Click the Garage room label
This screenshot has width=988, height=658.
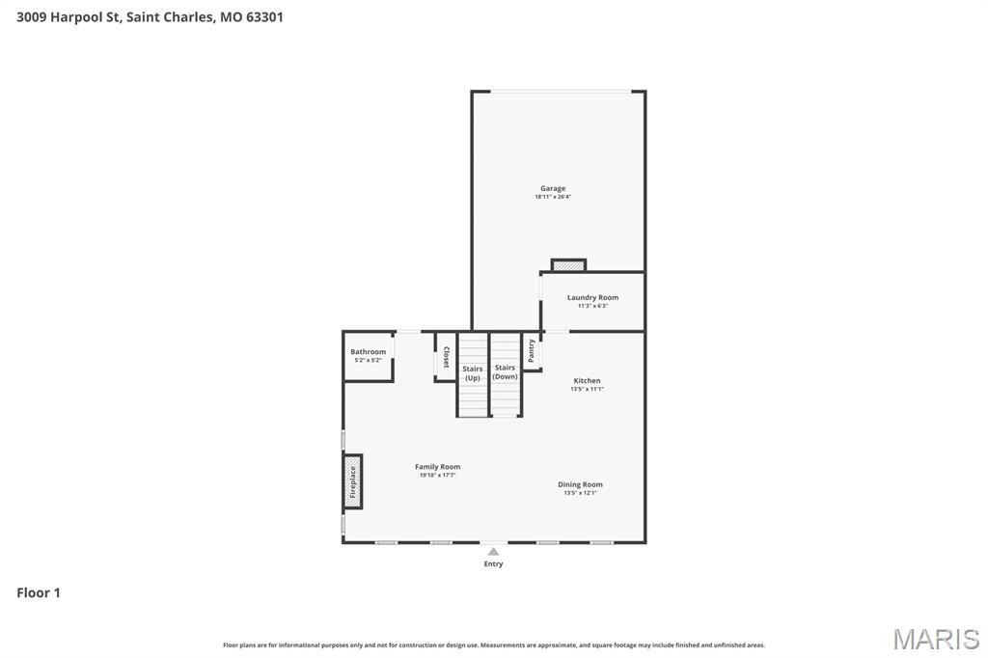553,188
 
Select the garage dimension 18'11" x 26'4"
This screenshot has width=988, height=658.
553,197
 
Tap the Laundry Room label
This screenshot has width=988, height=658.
592,297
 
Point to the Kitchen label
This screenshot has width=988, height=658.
587,380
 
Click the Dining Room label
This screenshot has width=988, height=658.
580,484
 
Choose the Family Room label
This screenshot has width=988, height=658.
437,466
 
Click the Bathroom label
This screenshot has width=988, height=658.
368,351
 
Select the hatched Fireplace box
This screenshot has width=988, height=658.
353,480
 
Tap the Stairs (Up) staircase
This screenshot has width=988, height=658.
473,374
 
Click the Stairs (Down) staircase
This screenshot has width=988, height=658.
506,373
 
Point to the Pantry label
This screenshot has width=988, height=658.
531,350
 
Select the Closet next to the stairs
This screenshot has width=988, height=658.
445,357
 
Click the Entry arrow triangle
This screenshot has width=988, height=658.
493,552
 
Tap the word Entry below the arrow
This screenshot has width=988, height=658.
493,564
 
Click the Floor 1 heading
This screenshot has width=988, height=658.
39,592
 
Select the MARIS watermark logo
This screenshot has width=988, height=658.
935,639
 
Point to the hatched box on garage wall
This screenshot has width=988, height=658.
568,264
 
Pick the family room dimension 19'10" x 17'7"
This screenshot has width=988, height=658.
437,475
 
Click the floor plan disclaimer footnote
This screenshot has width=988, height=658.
493,644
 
